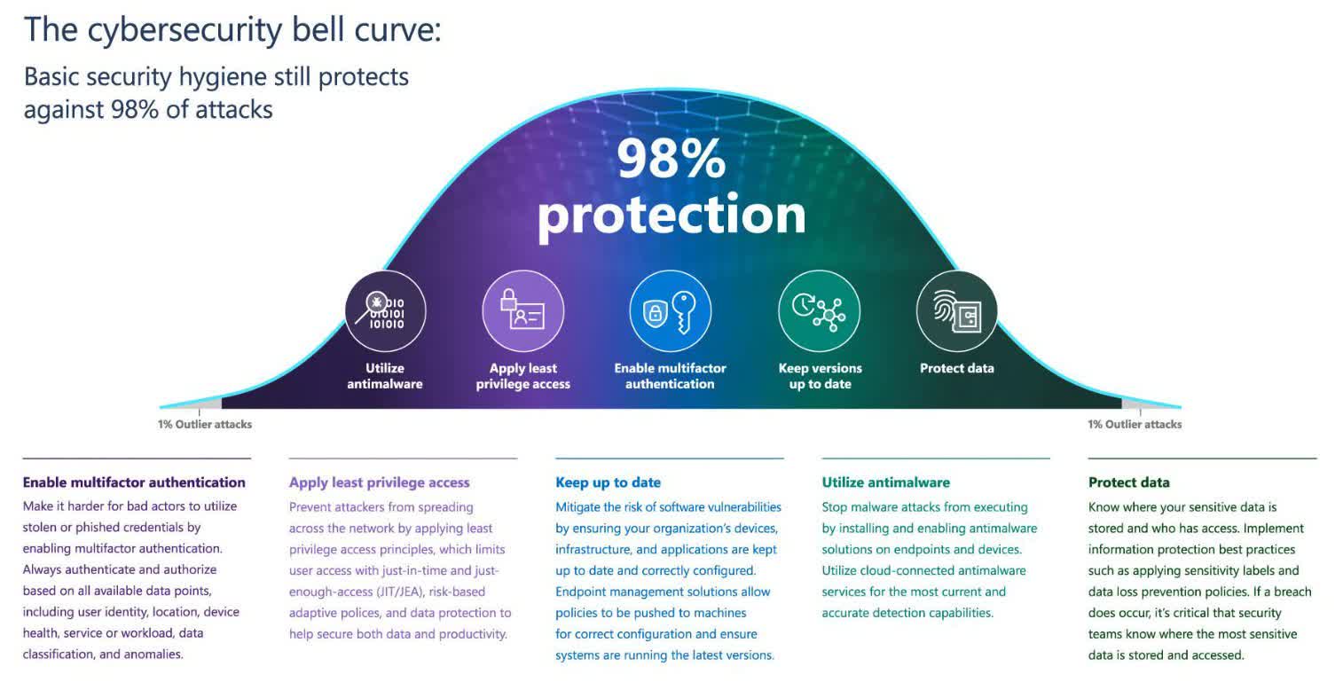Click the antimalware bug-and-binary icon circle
coord(385,310)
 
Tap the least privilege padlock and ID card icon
coord(522,310)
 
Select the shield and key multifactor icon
coord(671,310)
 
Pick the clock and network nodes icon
coord(819,310)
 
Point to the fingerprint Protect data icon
coord(957,310)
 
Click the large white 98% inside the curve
coord(671,159)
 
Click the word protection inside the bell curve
coord(671,215)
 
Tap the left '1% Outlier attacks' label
coord(204,425)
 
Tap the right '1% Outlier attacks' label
coord(1135,425)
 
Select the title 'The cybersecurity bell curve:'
coord(232,30)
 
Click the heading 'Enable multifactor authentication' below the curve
coord(134,482)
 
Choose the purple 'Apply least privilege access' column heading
coord(379,482)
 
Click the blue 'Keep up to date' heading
coord(608,482)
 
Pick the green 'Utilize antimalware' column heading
coord(885,482)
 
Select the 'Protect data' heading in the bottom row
coord(1128,482)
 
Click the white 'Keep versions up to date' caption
coord(821,376)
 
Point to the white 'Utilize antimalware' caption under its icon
coord(385,376)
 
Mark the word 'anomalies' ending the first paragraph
coord(153,654)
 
